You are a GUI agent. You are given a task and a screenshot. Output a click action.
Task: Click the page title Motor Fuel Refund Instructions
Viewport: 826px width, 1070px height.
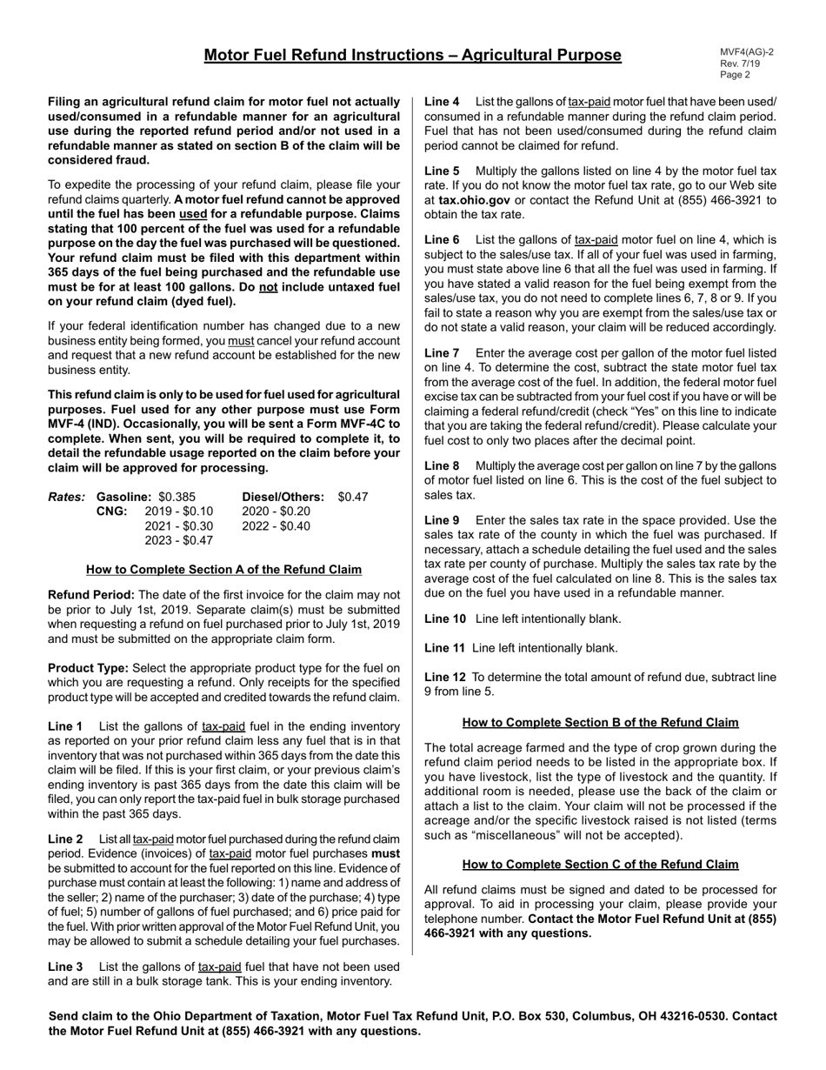tap(412, 56)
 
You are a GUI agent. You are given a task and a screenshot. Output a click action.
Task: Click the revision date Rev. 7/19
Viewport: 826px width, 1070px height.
tap(740, 64)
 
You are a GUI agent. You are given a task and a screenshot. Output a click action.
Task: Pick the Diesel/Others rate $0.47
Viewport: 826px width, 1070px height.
tap(353, 497)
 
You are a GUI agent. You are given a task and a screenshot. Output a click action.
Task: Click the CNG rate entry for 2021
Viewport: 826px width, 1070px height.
tap(179, 525)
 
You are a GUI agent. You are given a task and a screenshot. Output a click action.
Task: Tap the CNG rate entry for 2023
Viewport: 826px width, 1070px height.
tap(179, 540)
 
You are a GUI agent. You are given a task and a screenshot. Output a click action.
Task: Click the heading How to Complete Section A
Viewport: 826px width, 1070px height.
tap(223, 570)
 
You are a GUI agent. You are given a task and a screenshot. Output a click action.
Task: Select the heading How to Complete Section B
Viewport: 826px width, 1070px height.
tap(600, 723)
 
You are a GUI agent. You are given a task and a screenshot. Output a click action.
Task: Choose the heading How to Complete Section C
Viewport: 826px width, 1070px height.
tap(600, 865)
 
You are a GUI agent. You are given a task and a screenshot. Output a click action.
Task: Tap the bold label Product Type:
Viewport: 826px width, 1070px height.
tap(88, 668)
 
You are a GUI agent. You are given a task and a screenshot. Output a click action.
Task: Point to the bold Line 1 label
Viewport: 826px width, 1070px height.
tap(65, 726)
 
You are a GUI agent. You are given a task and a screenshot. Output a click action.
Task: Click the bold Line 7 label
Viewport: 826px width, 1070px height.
tap(442, 353)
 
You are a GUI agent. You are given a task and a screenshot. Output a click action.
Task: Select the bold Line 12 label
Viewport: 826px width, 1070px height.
tap(445, 678)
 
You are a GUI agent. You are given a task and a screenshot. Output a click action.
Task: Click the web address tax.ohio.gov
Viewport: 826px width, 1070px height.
tap(475, 200)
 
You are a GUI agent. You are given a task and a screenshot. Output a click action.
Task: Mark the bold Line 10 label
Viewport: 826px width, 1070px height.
tap(445, 619)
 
